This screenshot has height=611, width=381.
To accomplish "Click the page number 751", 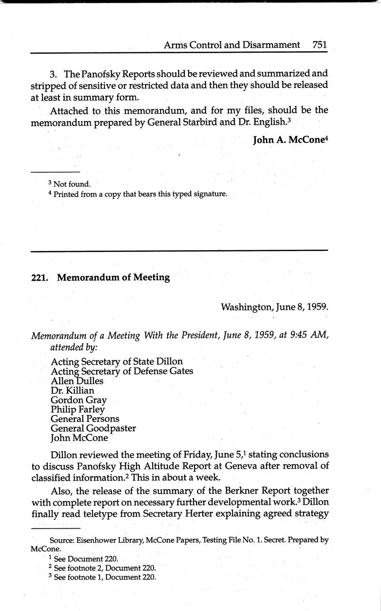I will pos(319,45).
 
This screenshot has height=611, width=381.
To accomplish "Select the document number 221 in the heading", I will pos(38,278).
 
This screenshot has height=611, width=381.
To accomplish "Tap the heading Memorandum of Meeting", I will pos(113,278).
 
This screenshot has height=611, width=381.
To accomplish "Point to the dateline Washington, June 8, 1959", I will pos(274,307).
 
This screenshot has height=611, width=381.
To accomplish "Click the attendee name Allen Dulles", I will pos(77,381).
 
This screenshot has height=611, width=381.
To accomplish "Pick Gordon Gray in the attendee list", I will pos(78,400).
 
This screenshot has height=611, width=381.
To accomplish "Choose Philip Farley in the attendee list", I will pos(77,410).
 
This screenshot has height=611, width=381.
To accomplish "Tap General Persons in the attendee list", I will pos(85,419).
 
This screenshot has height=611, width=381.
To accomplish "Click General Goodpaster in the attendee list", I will pos(93,429).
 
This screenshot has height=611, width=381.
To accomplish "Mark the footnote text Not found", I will pos(72,184).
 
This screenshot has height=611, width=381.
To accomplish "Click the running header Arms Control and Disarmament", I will pos(232,45).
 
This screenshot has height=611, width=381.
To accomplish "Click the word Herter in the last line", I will pos(243,514).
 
